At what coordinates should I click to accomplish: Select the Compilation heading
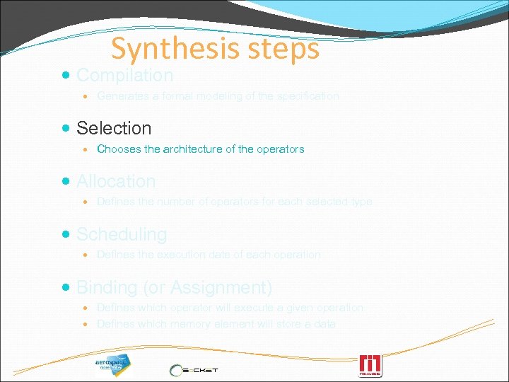[124, 75]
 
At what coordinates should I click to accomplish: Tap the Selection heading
[114, 128]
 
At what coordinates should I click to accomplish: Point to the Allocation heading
[116, 181]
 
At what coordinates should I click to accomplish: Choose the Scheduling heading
[122, 234]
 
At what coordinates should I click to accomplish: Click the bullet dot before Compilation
[66, 75]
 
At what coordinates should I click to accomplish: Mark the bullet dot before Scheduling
[66, 234]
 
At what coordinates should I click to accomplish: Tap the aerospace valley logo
[113, 364]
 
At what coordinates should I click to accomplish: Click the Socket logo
[195, 369]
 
